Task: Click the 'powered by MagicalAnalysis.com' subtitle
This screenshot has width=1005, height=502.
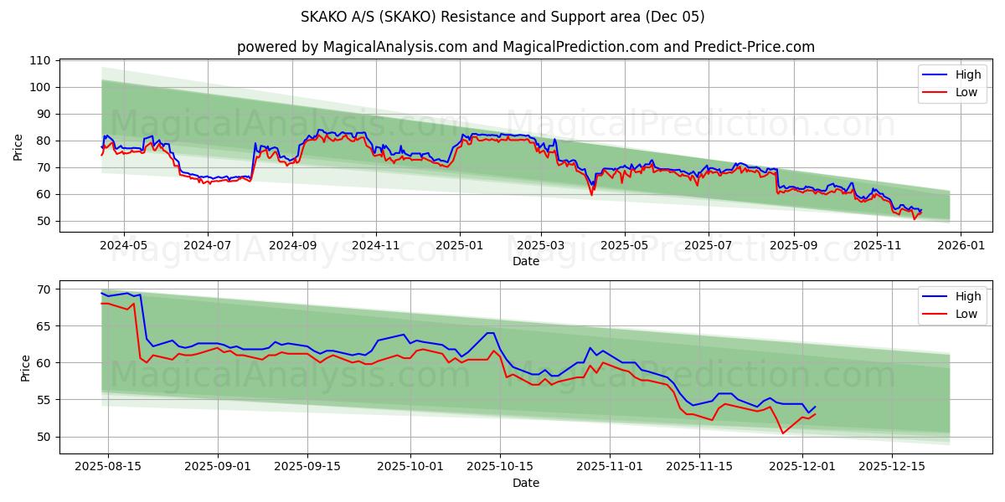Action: (525, 47)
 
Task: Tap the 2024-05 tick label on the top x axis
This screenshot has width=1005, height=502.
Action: (124, 246)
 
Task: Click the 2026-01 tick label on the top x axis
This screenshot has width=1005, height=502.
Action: (960, 246)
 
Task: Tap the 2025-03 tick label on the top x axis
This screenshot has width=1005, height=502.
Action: (540, 246)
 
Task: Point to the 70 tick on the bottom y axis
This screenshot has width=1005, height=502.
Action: (44, 289)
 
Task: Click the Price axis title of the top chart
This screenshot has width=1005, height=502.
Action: (18, 147)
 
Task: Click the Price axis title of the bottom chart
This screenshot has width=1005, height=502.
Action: (25, 367)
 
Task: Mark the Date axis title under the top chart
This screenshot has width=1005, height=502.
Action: (525, 261)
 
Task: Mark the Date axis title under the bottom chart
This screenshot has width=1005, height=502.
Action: (525, 483)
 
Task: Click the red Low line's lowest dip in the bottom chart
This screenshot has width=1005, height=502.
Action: (783, 433)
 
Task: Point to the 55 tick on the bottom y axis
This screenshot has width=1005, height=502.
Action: (44, 400)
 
